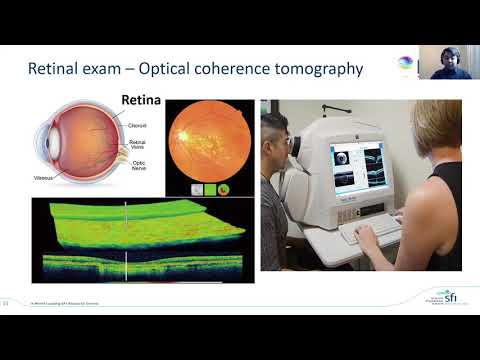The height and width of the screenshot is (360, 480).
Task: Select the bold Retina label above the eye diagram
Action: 141,101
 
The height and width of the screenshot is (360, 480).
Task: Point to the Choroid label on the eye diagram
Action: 139,126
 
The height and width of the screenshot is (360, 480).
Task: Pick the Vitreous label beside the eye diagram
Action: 43,178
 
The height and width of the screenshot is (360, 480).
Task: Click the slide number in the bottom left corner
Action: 7,302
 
